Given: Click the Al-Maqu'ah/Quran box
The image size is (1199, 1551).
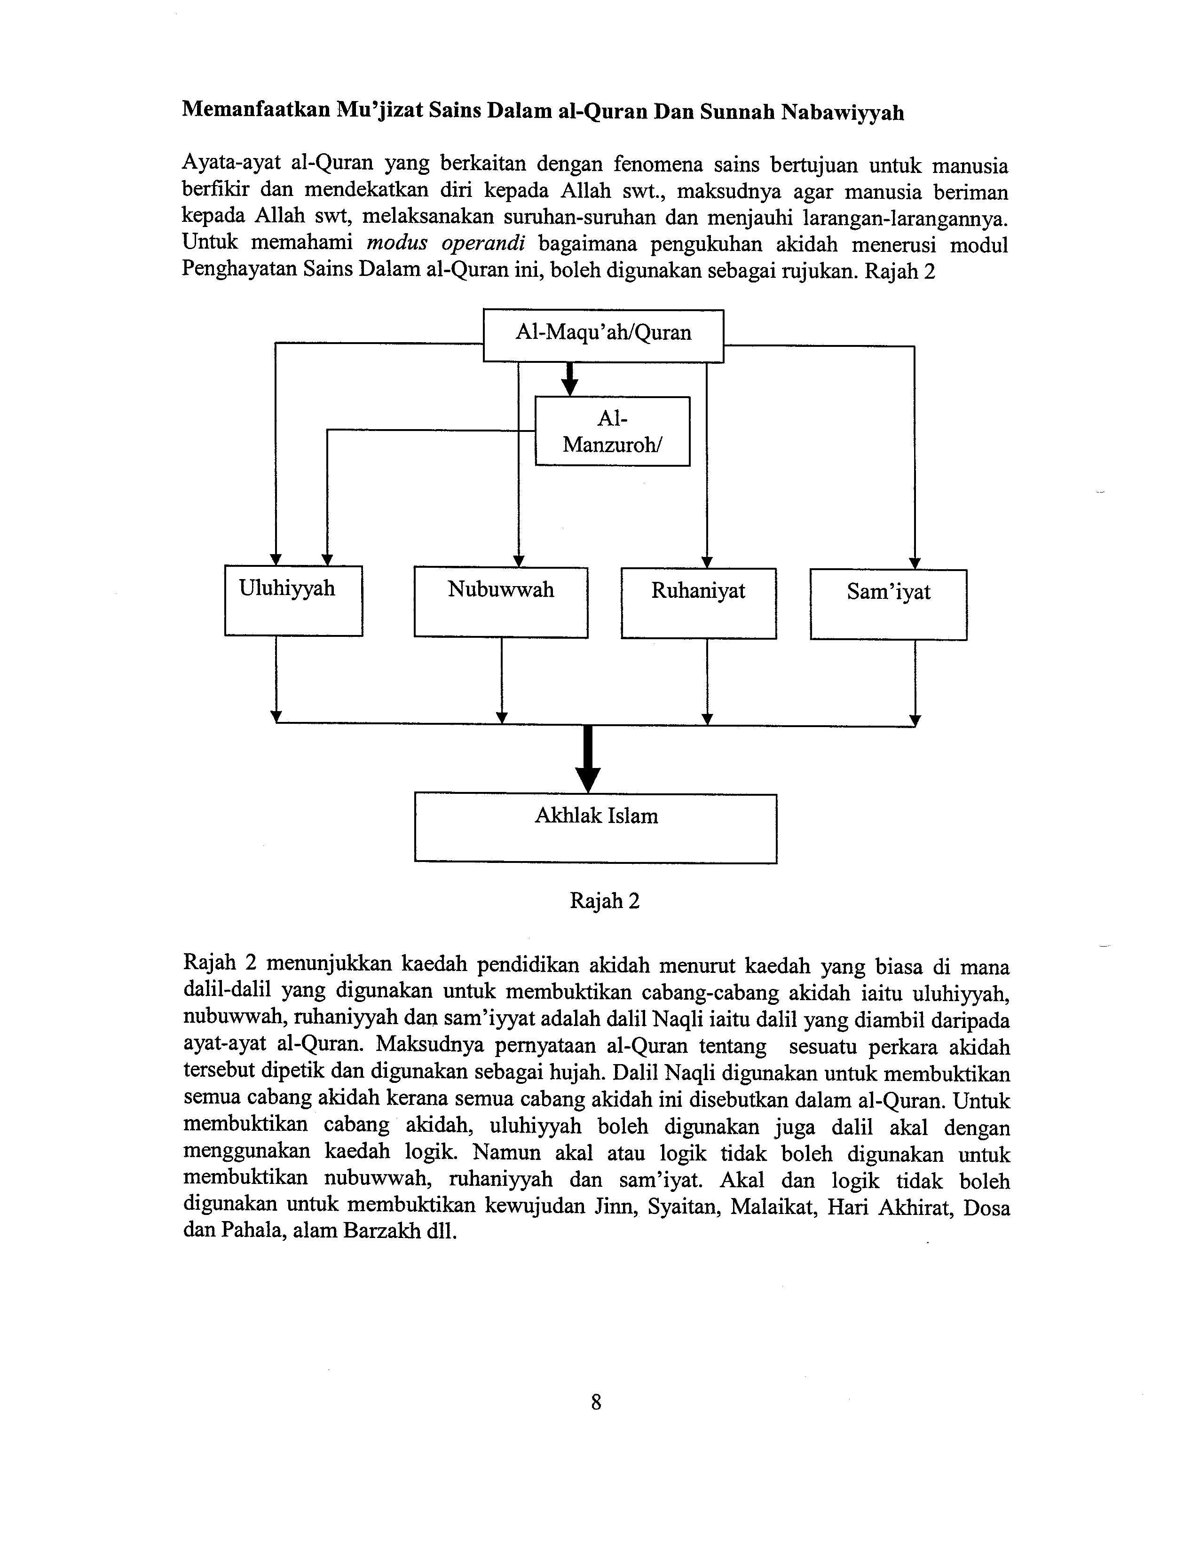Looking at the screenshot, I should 603,335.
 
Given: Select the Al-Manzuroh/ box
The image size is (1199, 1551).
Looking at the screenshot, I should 612,431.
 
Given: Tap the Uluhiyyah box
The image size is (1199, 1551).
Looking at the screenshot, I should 293,600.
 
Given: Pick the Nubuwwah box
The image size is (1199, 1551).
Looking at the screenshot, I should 501,602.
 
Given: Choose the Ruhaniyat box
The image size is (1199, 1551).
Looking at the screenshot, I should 698,603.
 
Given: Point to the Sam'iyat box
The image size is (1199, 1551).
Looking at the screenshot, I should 888,604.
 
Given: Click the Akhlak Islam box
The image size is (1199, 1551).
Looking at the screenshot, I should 595,828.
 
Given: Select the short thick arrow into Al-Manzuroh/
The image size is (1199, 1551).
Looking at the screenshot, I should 568,380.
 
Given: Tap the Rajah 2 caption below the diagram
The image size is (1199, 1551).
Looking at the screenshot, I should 605,901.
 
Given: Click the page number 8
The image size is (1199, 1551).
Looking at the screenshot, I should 596,1402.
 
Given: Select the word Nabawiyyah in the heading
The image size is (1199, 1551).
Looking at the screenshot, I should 843,113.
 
